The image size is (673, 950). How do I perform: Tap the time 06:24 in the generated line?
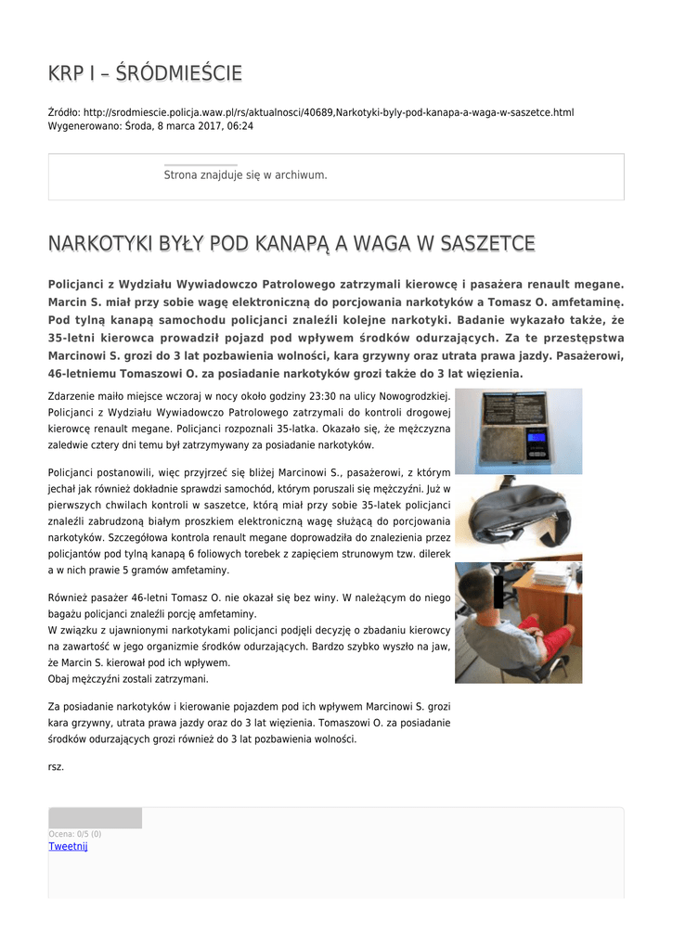pos(240,125)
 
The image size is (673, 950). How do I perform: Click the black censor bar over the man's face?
pos(498,588)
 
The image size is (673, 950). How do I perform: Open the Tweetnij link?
pos(68,846)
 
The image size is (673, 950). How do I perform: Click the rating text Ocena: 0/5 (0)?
pos(75,834)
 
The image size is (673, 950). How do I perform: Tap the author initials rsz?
pos(56,766)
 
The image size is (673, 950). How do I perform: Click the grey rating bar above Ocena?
pos(95,817)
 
